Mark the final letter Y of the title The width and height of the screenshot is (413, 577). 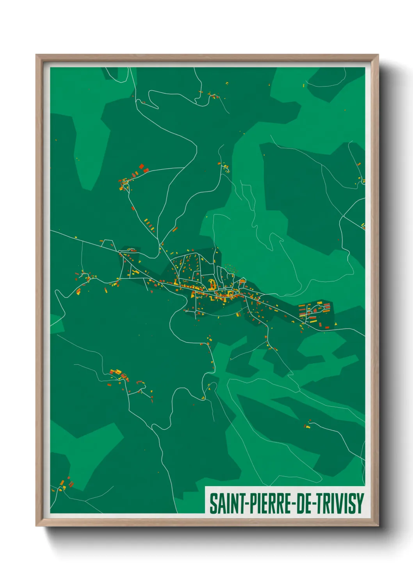coord(360,503)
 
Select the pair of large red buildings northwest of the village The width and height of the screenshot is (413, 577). coord(143,168)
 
